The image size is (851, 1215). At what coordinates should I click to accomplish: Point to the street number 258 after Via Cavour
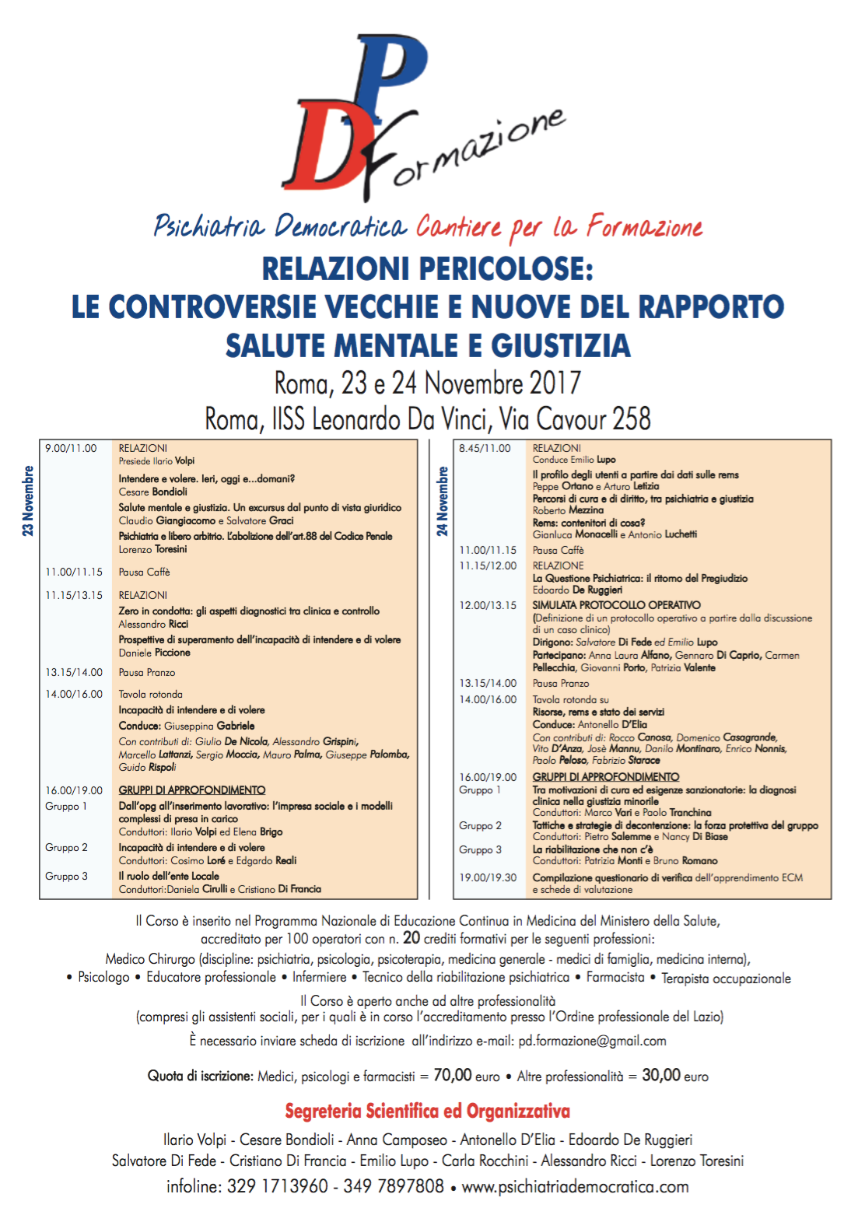[x=632, y=419]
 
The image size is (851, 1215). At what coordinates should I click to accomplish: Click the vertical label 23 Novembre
[x=28, y=500]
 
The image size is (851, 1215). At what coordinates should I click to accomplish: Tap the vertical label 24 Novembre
[x=442, y=500]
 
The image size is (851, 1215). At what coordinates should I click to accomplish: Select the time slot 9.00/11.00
[x=71, y=448]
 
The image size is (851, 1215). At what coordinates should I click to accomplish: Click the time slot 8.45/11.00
[x=485, y=448]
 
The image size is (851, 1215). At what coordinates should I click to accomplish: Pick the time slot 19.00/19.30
[x=488, y=877]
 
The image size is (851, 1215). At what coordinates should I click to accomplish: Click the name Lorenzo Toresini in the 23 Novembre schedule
[x=152, y=549]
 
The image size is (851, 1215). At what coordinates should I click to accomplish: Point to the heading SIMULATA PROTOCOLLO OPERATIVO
[x=616, y=604]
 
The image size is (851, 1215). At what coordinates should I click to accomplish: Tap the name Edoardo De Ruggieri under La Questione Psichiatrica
[x=577, y=590]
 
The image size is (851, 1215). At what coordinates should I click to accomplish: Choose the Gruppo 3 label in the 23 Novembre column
[x=66, y=876]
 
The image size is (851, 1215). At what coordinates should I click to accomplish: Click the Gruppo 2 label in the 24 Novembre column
[x=480, y=825]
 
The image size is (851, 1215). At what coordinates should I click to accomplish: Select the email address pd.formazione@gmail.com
[x=592, y=1041]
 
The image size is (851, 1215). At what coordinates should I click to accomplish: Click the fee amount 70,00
[x=453, y=1075]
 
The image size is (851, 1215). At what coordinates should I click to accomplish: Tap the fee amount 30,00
[x=661, y=1075]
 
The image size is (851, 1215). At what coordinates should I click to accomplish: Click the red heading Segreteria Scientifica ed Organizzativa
[x=427, y=1111]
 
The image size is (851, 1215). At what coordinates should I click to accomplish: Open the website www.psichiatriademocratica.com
[x=575, y=1186]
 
